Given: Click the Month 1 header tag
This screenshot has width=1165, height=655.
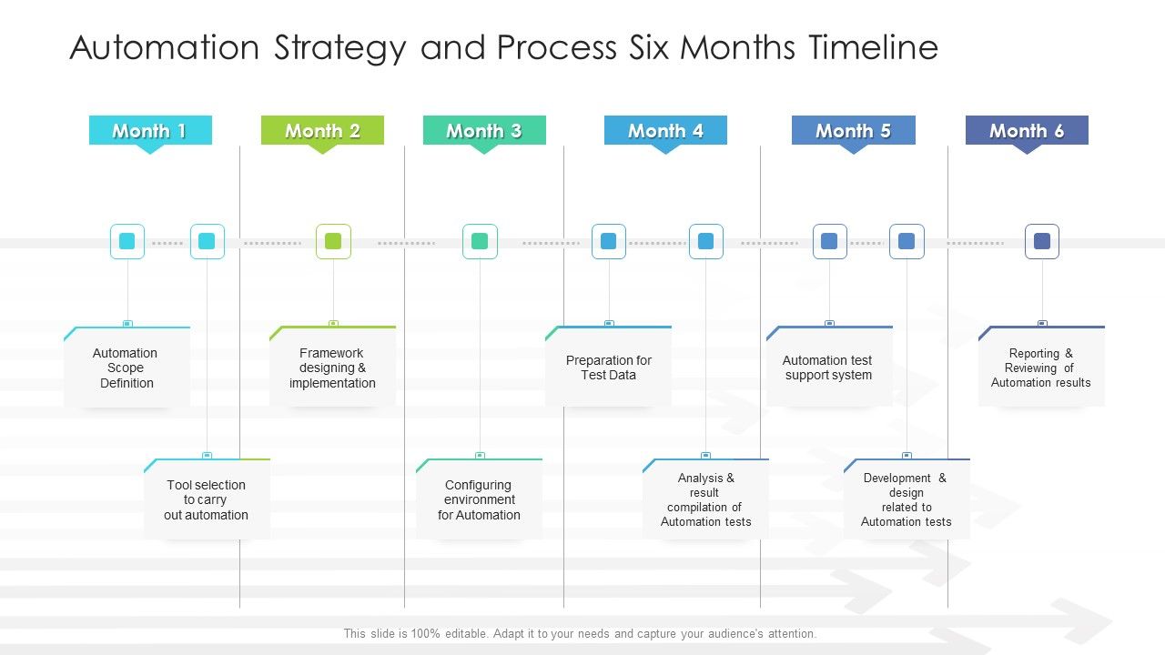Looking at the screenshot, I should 150,130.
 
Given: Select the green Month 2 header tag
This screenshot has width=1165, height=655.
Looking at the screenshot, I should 322,130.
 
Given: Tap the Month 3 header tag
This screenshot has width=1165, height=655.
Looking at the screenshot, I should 484,130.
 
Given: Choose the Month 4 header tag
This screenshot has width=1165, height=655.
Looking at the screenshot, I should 665,130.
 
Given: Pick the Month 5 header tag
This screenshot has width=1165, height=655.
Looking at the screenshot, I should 853,130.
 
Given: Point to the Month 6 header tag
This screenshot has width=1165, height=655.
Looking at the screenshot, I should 1027,130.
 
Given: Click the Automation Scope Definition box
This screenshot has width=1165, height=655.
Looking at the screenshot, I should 127,368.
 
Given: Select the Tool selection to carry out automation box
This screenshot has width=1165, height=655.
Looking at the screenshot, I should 207,499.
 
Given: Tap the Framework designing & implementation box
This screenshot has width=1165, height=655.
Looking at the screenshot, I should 332,368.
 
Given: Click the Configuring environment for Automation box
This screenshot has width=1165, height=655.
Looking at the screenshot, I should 480,499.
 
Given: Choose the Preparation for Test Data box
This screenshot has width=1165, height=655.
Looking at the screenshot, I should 608,368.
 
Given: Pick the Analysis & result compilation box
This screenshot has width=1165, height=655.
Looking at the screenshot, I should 705,499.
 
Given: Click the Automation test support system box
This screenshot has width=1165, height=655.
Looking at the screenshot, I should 828,368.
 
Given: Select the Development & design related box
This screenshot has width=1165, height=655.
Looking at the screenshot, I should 907,499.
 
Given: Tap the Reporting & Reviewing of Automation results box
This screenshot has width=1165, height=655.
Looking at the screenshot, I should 1041,368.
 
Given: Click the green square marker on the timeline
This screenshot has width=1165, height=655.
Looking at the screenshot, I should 333,241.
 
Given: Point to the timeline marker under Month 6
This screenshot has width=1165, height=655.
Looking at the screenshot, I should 1042,241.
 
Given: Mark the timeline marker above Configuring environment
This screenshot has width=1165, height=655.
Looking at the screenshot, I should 480,241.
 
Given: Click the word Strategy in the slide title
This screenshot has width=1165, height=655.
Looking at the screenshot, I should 332,47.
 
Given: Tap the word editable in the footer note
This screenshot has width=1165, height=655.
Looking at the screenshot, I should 452,634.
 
